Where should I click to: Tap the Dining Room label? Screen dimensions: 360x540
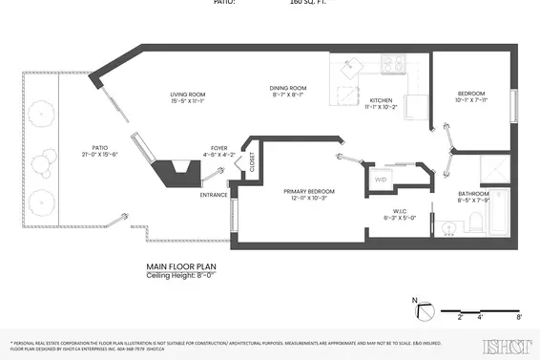click(x=289, y=91)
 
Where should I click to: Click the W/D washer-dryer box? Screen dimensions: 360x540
click(x=380, y=179)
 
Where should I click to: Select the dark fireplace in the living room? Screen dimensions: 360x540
click(x=177, y=172)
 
